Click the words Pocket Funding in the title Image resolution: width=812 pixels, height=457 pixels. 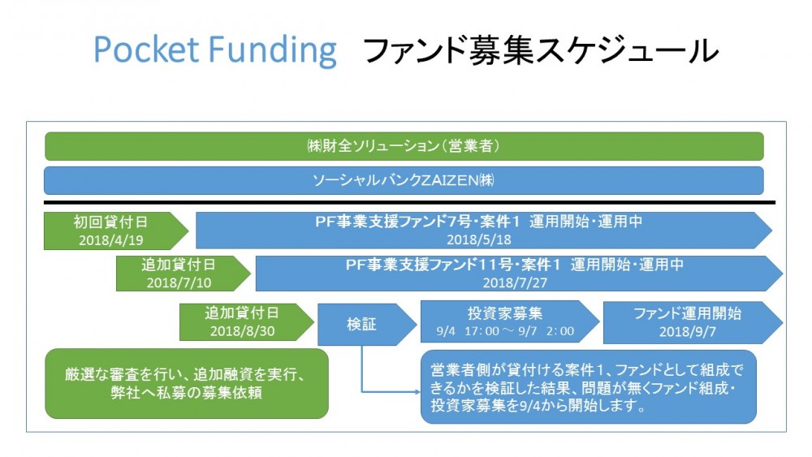[x=215, y=50]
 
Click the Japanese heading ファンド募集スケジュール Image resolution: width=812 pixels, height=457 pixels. [x=541, y=50]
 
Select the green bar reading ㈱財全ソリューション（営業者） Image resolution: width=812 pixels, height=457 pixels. [x=404, y=146]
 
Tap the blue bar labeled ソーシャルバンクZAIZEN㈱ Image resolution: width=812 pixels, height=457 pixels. [x=404, y=181]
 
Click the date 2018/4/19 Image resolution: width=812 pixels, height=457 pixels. [x=110, y=240]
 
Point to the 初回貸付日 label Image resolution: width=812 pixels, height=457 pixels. [x=110, y=222]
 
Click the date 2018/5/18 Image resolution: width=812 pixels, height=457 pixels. [x=478, y=239]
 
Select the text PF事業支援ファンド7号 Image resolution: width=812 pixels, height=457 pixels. [x=394, y=222]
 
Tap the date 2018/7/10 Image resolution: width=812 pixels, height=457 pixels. [x=179, y=283]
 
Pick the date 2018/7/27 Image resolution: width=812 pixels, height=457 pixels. [x=515, y=283]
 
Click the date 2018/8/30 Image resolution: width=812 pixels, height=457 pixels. [x=242, y=331]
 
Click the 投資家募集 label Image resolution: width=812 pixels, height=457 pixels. [x=505, y=313]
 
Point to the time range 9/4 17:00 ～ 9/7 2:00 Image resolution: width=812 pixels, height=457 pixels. [x=505, y=331]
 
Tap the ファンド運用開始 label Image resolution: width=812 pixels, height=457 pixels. [x=687, y=313]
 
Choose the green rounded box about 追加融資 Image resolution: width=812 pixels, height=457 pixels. [x=187, y=383]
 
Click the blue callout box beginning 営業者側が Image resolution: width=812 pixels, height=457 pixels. [x=588, y=387]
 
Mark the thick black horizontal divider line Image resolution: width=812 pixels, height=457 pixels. [x=409, y=202]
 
